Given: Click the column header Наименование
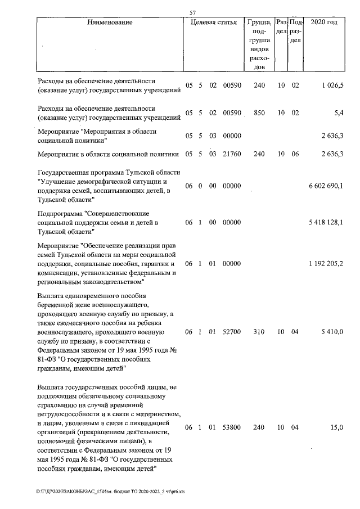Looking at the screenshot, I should point(110,22).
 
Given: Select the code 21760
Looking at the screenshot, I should point(232,154).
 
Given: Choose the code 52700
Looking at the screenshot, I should point(232,332).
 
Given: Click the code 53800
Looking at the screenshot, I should point(232,428).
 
